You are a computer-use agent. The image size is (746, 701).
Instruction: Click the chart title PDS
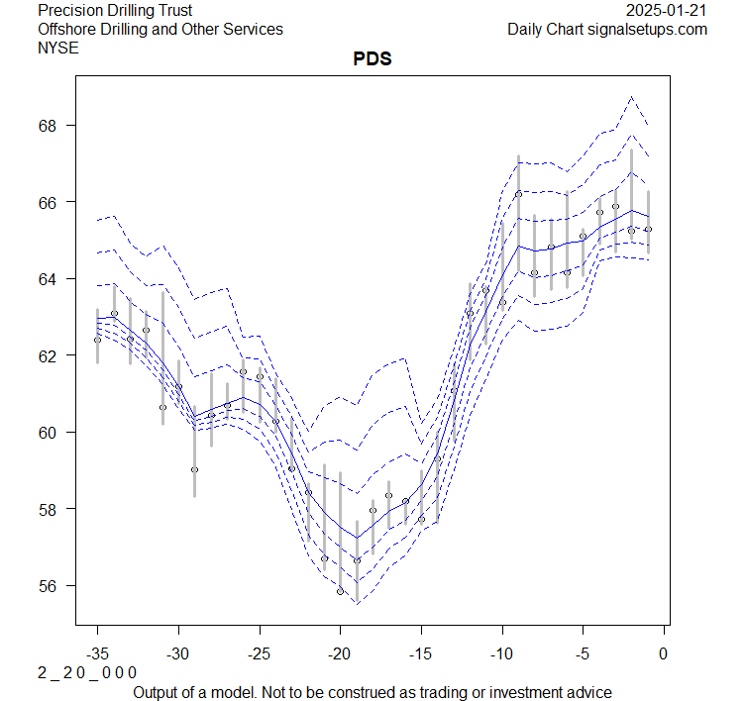tap(373, 59)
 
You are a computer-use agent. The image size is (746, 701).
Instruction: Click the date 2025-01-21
tap(668, 11)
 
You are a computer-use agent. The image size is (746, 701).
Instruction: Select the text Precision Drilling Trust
tap(115, 11)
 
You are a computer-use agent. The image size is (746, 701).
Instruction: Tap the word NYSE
tap(57, 48)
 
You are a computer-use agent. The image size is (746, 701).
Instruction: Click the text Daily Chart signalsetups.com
tap(607, 30)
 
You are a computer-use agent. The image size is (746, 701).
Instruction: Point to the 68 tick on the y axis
tap(51, 126)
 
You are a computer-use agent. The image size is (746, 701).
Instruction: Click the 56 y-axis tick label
tap(51, 586)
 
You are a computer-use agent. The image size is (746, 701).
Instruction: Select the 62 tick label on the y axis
tap(51, 355)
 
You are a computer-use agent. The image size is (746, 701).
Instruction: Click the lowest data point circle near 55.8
tap(340, 591)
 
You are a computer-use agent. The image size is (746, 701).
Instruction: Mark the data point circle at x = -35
tap(97, 340)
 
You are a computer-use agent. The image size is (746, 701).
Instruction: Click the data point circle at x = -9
tap(518, 194)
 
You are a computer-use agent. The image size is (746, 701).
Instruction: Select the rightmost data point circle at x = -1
tap(648, 229)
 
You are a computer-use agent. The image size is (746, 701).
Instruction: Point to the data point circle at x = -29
tap(194, 469)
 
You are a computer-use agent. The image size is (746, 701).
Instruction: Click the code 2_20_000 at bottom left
tap(87, 673)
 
